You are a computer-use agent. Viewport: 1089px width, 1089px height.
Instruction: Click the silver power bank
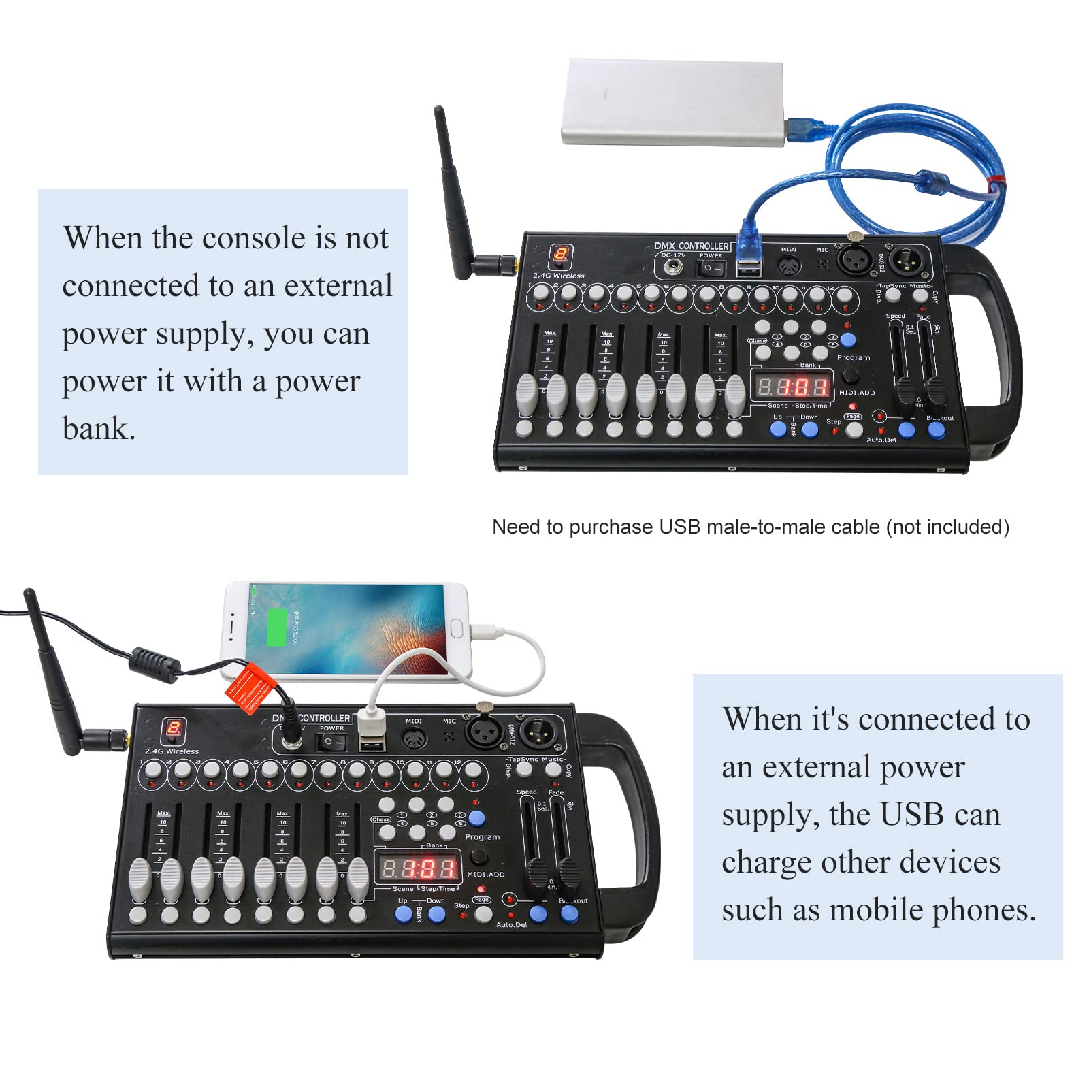(670, 102)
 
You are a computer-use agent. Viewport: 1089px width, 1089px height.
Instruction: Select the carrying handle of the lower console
(633, 817)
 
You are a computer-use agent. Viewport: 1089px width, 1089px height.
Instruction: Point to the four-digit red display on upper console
(793, 387)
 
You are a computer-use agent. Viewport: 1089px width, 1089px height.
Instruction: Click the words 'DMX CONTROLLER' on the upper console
(691, 246)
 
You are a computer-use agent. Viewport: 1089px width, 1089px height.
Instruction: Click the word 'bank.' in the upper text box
(99, 429)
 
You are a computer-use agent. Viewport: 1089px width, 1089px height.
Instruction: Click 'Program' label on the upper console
(853, 357)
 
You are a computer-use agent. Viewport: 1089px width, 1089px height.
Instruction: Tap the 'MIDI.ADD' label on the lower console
(485, 874)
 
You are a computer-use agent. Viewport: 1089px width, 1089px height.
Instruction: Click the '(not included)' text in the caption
(947, 527)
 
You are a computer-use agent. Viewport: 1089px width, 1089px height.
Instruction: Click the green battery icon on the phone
(276, 627)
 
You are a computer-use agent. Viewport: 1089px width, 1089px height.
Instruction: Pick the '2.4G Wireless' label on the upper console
(558, 276)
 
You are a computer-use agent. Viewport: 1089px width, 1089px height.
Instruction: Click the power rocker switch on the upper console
(711, 267)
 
